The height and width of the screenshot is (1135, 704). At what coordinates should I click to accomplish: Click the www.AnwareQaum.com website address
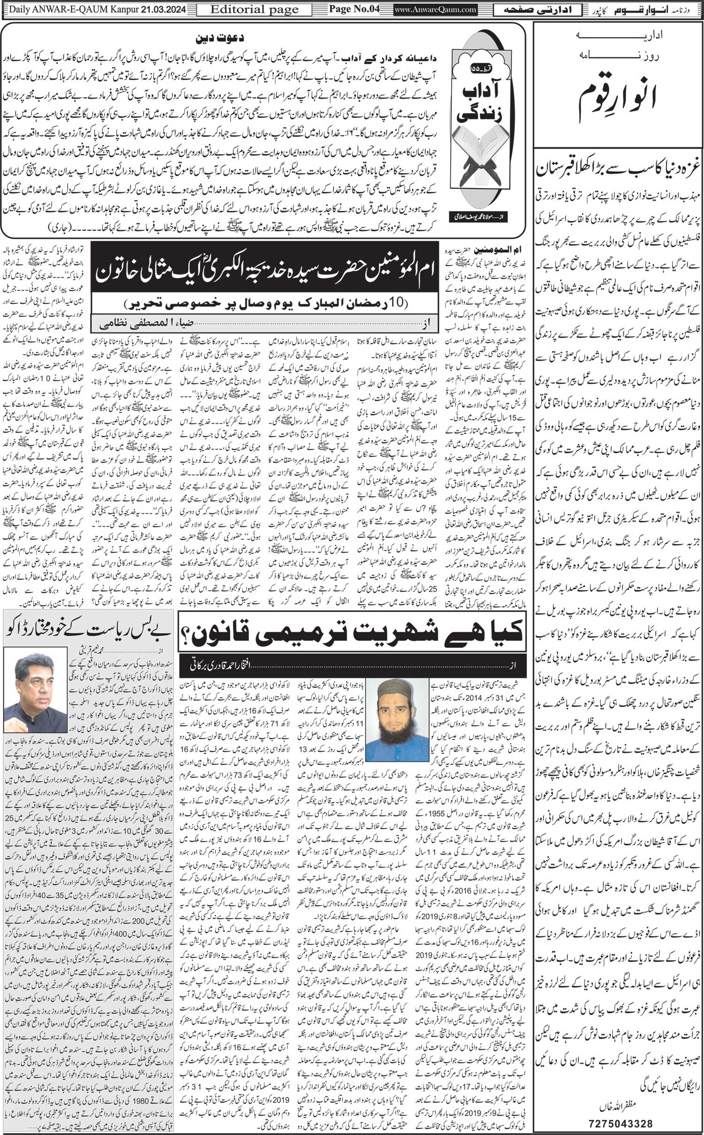click(435, 9)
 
